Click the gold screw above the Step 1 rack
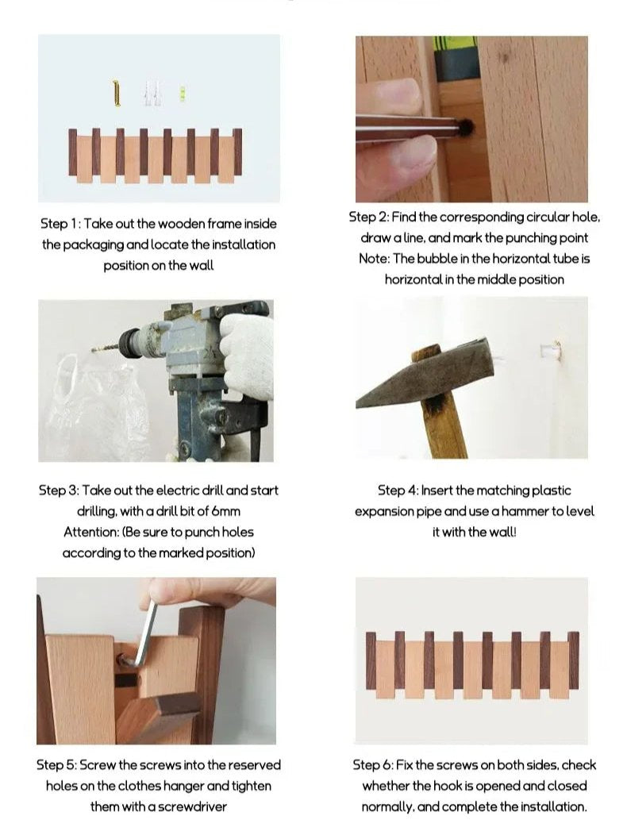[117, 94]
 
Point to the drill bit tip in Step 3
[94, 349]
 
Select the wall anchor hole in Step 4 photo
[550, 351]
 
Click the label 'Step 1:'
[60, 224]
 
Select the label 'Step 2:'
[369, 217]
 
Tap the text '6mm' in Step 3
[225, 511]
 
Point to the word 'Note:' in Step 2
[375, 259]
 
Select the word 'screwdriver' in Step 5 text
[192, 806]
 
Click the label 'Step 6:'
[374, 765]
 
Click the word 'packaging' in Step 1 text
[94, 245]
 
